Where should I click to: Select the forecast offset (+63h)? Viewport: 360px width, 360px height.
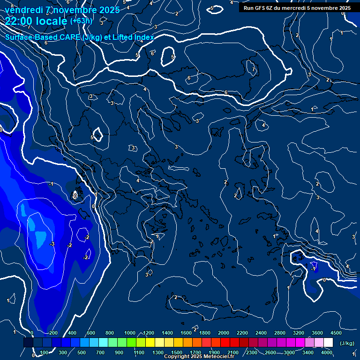click(x=82, y=21)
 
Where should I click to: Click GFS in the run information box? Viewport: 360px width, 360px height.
click(x=261, y=8)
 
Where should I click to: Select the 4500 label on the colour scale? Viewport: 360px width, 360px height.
click(x=336, y=333)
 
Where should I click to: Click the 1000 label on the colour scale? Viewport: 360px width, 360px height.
click(x=130, y=333)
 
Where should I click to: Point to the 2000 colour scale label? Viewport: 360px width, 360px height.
click(x=224, y=333)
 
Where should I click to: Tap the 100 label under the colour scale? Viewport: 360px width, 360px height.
click(x=45, y=352)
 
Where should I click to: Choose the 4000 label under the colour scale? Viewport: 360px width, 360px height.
click(x=327, y=352)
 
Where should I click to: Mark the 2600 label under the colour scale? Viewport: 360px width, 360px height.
click(x=270, y=352)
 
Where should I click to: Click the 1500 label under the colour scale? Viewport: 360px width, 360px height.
click(x=177, y=352)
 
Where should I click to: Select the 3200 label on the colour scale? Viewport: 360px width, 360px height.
click(x=299, y=333)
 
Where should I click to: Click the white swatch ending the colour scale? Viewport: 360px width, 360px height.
click(x=328, y=343)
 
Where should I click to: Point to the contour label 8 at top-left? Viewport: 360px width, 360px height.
click(x=12, y=6)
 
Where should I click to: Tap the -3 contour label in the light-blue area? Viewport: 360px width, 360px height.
click(x=52, y=244)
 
